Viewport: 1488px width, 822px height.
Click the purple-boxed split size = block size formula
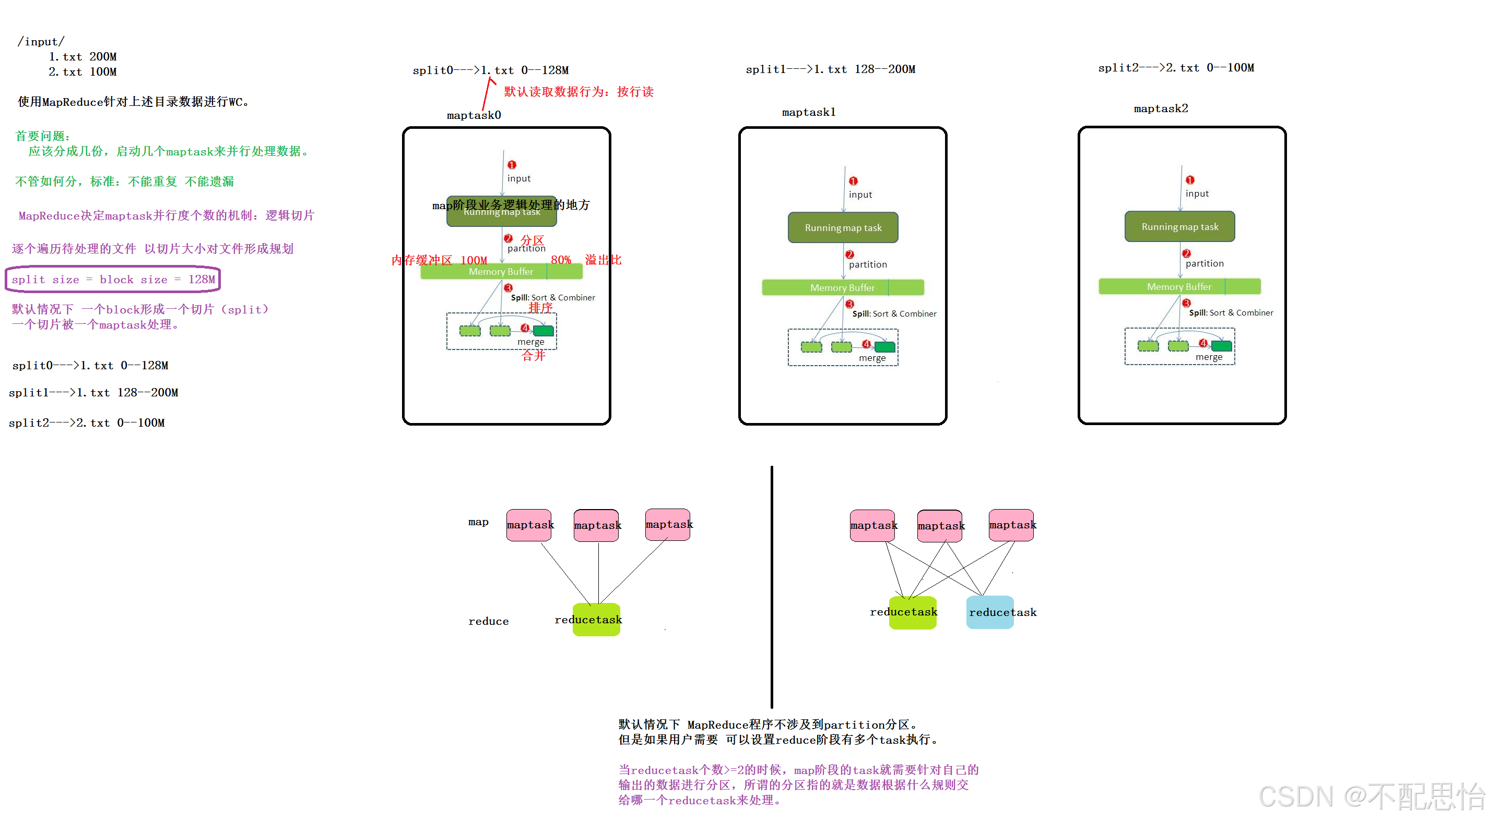pos(113,280)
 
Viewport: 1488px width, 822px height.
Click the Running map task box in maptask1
pos(843,227)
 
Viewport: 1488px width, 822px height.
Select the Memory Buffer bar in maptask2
pos(1179,286)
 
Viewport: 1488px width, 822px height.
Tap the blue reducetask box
pos(990,612)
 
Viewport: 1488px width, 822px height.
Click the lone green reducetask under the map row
pos(596,620)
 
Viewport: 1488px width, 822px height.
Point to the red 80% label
pos(560,260)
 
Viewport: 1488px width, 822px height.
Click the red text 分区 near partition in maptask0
pos(532,239)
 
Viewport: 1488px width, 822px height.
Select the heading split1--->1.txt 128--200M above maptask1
pos(830,69)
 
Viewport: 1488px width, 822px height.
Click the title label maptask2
pos(1161,108)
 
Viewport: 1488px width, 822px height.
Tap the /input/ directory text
pos(40,42)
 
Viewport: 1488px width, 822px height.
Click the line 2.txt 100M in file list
pos(82,71)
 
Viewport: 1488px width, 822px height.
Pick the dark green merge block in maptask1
pos(884,347)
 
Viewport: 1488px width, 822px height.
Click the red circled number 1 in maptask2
pos(1190,180)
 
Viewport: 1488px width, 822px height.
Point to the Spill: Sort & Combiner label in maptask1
pos(894,313)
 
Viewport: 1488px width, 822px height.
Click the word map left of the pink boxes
pos(478,522)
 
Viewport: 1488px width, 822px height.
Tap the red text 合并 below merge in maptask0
pos(533,356)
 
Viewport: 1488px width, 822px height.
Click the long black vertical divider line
pos(772,586)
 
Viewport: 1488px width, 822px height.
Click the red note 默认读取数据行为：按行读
pos(578,92)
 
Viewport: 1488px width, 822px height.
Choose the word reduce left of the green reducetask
pos(488,621)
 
